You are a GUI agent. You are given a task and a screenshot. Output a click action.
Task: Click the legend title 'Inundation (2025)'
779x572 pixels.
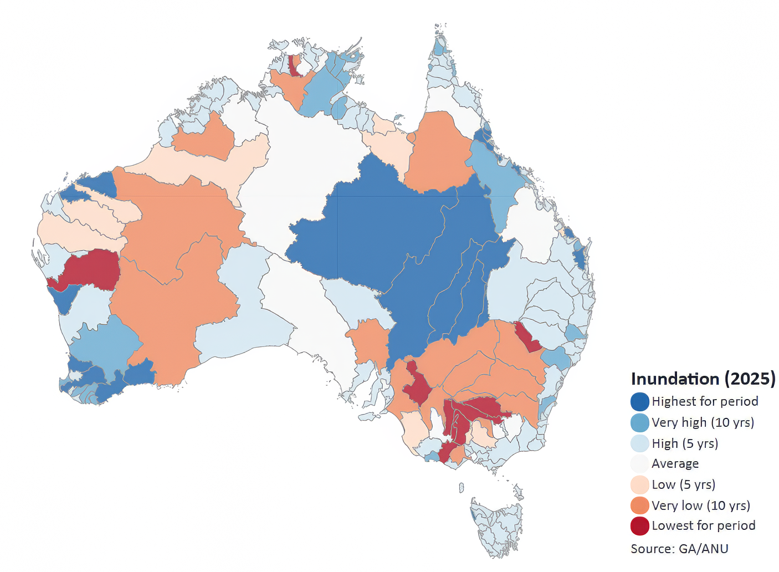click(x=703, y=379)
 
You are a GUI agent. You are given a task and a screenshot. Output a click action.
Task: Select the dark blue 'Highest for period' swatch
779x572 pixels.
click(x=639, y=401)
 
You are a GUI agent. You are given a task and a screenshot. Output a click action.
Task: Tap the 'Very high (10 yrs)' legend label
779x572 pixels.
click(x=703, y=422)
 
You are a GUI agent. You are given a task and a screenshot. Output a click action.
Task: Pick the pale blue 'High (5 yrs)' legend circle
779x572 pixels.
click(x=639, y=443)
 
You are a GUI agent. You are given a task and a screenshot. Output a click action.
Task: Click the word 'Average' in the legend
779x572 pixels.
click(x=675, y=463)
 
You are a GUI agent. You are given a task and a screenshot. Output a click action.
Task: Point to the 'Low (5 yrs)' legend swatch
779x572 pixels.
click(x=639, y=484)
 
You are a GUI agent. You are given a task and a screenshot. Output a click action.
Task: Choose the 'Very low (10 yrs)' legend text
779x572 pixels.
click(x=700, y=505)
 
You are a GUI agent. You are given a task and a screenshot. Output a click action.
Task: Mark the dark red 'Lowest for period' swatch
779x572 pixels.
click(x=639, y=526)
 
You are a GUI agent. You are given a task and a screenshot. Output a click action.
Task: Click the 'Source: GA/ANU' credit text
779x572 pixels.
click(x=679, y=549)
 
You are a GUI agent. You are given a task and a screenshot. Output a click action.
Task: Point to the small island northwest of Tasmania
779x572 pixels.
click(x=461, y=487)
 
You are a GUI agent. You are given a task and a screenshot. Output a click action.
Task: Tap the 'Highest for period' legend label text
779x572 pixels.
click(x=705, y=401)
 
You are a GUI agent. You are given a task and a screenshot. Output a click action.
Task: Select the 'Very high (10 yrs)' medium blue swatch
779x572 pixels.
click(x=639, y=422)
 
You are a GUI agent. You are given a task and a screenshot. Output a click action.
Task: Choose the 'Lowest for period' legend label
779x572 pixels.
click(x=703, y=526)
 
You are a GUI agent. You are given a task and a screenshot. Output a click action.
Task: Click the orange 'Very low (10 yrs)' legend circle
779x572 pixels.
click(x=639, y=505)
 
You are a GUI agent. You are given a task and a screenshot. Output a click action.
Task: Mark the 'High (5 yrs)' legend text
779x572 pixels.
click(x=685, y=443)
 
